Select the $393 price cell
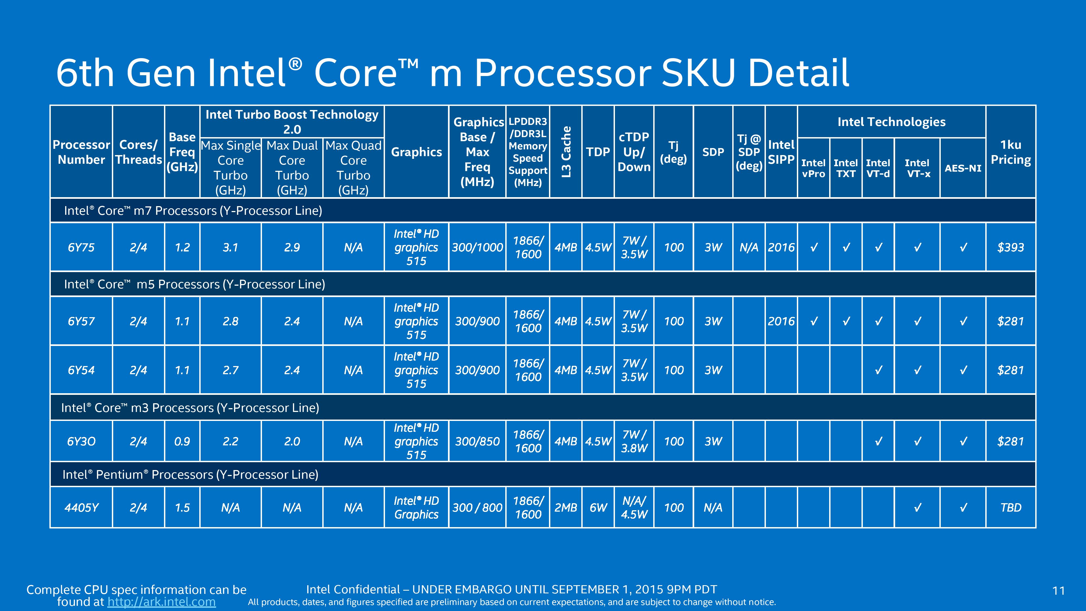tap(1011, 247)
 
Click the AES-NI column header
tap(963, 168)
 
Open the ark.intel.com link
tap(162, 602)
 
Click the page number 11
tap(1059, 591)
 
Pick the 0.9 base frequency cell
tap(182, 442)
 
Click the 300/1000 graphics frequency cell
tap(477, 247)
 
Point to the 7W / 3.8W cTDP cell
tap(634, 442)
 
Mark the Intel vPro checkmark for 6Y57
tap(814, 321)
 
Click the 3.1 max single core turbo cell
tap(231, 247)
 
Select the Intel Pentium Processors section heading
tap(190, 475)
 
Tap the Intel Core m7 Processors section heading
tap(193, 211)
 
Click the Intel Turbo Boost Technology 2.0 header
tap(292, 122)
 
